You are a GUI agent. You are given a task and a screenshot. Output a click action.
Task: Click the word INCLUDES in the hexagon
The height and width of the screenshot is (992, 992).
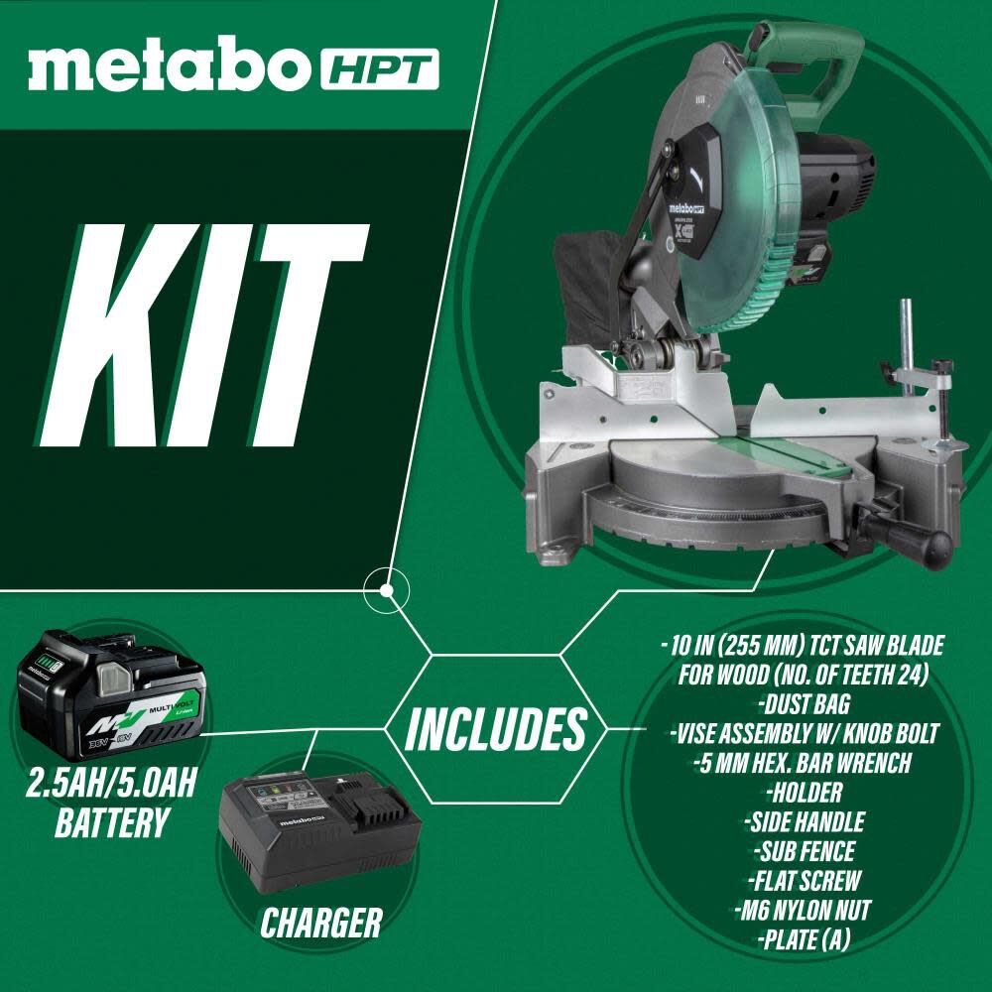[495, 730]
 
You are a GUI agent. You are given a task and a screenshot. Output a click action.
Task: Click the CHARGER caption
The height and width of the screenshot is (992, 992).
[320, 924]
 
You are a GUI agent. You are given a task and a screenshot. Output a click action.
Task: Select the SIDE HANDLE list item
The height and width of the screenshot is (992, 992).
[804, 821]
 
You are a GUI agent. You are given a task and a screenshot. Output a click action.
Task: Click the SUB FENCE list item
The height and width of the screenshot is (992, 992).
[804, 850]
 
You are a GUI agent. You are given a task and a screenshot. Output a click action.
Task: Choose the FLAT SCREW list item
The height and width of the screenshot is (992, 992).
[804, 879]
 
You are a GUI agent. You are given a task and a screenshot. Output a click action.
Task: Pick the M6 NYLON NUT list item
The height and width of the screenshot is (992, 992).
[804, 908]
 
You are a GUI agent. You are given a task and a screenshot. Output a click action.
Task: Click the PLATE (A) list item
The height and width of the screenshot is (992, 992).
[804, 936]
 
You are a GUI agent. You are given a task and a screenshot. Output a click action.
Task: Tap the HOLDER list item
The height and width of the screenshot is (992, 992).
[804, 793]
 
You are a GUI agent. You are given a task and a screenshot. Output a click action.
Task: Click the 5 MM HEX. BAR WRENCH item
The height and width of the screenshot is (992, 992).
[804, 764]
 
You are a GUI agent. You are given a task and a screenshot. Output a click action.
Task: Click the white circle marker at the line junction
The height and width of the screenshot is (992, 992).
[387, 590]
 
